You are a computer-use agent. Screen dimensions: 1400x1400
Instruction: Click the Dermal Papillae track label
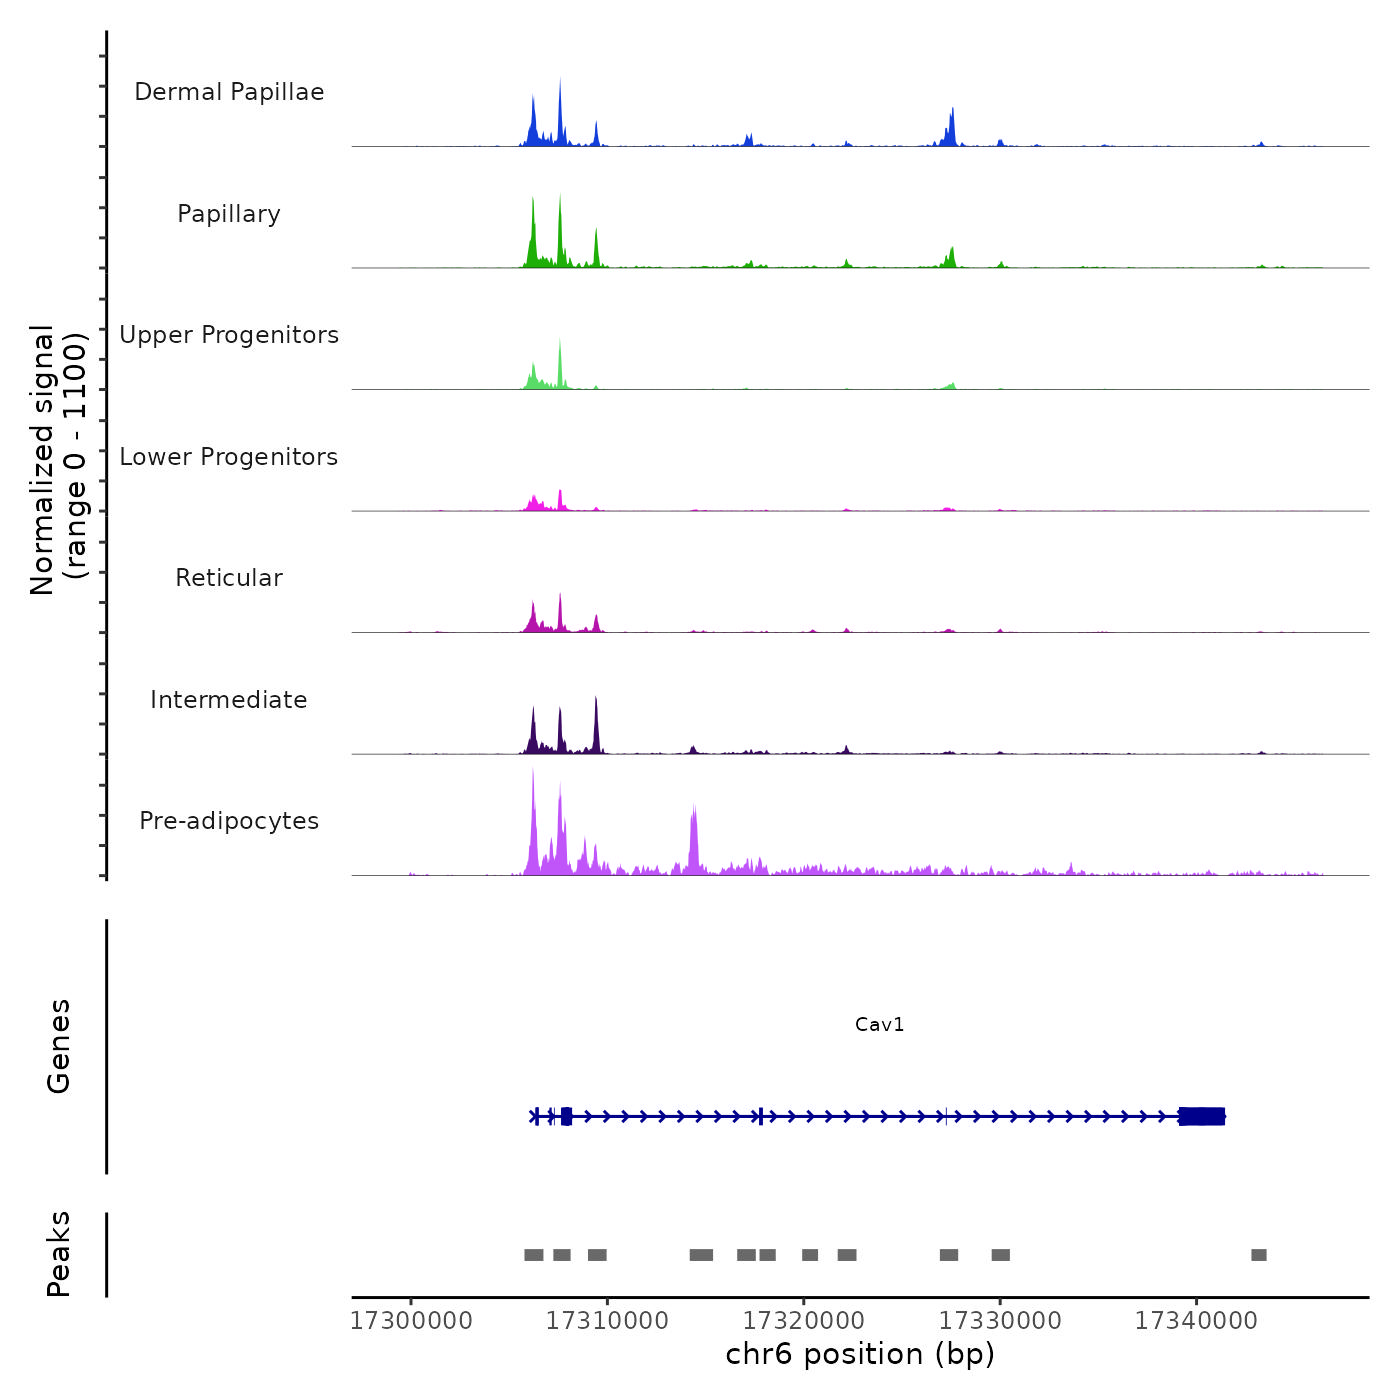pos(229,92)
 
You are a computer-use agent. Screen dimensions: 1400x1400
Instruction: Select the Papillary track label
pos(229,214)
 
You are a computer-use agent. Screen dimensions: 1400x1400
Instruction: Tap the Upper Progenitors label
pos(229,335)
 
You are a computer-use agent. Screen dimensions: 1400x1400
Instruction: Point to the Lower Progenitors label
pos(229,457)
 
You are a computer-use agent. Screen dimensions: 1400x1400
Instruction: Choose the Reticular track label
pos(229,578)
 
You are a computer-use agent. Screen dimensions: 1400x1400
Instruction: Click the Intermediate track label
pos(229,700)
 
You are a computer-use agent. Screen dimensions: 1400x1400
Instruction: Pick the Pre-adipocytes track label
pos(229,821)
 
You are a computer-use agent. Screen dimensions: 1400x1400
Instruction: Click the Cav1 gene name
pos(880,1024)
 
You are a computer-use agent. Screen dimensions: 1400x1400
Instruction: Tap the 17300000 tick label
pos(411,1321)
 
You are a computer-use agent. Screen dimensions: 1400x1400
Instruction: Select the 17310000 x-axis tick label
pos(607,1321)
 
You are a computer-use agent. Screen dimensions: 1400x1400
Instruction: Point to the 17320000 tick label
pos(803,1321)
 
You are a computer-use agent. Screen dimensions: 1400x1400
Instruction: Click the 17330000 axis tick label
pos(1000,1321)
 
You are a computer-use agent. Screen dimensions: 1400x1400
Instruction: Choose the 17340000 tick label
pos(1196,1321)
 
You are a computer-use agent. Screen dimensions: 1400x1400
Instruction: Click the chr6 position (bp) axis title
pos(860,1354)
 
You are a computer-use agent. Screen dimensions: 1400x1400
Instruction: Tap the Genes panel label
pos(58,1046)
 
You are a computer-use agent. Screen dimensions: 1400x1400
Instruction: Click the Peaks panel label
pos(58,1254)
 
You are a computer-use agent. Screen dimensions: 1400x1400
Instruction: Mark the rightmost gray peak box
pos(1259,1255)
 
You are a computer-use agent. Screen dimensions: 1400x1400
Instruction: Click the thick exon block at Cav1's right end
pos(1202,1116)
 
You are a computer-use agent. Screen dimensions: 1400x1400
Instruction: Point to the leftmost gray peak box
pos(534,1255)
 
